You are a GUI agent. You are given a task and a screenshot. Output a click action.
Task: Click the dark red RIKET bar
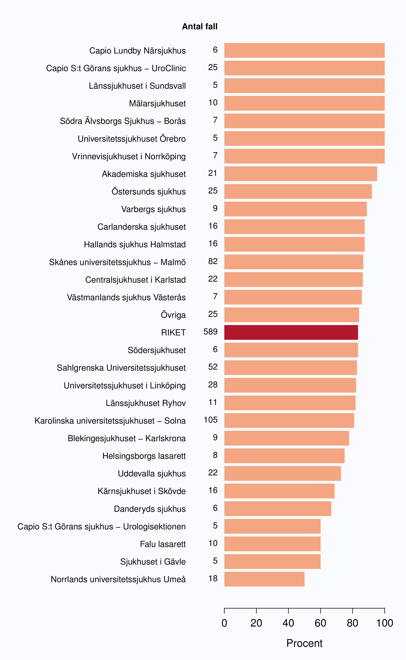point(291,332)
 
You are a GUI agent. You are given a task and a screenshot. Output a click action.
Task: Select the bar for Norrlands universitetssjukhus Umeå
point(264,579)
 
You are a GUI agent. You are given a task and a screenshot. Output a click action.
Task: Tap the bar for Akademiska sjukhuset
point(300,174)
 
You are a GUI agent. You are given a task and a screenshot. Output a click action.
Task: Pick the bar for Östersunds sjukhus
point(298,191)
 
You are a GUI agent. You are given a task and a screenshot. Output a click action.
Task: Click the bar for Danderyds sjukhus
point(278,509)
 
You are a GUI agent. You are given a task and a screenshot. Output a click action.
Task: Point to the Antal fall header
point(200,26)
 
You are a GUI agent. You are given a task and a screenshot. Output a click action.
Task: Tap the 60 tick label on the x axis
point(320,623)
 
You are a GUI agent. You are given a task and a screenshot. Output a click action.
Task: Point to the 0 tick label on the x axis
point(224,623)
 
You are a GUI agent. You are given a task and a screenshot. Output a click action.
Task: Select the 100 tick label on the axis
point(385,623)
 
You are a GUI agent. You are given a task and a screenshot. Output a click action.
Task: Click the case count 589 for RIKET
point(210,332)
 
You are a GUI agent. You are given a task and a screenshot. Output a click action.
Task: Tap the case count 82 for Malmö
point(213,261)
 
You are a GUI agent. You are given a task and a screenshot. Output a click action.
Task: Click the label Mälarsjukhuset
point(157,103)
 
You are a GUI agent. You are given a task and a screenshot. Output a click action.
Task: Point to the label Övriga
point(173,315)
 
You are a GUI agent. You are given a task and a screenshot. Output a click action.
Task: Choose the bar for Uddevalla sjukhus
point(283,473)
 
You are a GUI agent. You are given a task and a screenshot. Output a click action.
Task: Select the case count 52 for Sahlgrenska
point(213,367)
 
